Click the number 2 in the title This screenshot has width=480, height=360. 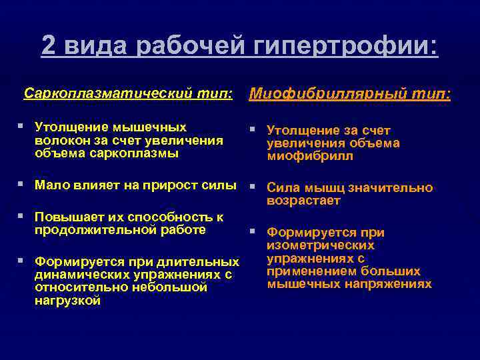tap(49, 45)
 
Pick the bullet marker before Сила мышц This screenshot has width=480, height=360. tap(253, 187)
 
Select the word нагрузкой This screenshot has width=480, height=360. tap(67, 300)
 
